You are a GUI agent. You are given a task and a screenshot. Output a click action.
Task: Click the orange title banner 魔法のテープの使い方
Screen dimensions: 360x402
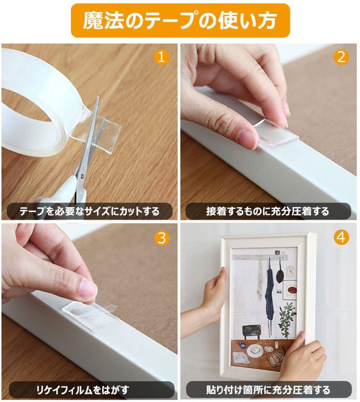[180, 20]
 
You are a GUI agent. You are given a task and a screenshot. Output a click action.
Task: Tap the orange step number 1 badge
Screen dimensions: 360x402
[161, 57]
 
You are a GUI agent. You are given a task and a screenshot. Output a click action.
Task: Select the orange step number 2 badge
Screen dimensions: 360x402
[341, 57]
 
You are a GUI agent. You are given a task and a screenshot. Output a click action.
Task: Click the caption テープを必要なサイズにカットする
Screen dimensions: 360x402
[89, 211]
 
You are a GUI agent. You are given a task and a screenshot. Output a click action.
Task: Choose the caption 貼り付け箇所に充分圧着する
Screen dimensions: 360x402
[268, 389]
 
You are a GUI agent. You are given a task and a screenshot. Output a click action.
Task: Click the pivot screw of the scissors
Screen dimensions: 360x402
[82, 176]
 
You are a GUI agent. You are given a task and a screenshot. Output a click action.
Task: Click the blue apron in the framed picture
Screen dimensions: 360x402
[269, 295]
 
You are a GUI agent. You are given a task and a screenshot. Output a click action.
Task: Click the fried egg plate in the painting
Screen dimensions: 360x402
[255, 350]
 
